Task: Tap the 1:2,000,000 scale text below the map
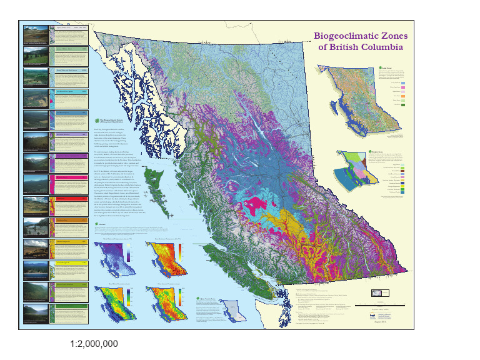(x=94, y=344)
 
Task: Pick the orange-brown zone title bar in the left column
(x=70, y=219)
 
